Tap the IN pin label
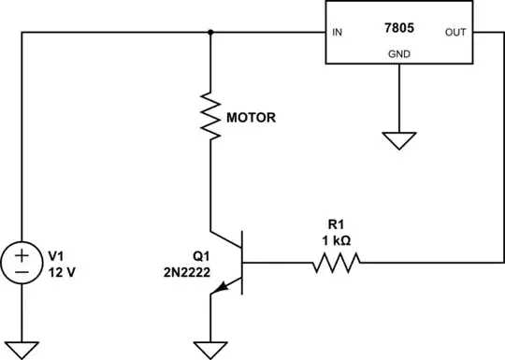point(337,34)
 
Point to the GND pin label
point(399,54)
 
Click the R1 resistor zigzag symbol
point(336,265)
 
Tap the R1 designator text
point(336,225)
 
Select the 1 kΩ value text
point(336,241)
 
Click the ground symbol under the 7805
point(399,141)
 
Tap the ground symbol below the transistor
point(212,350)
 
